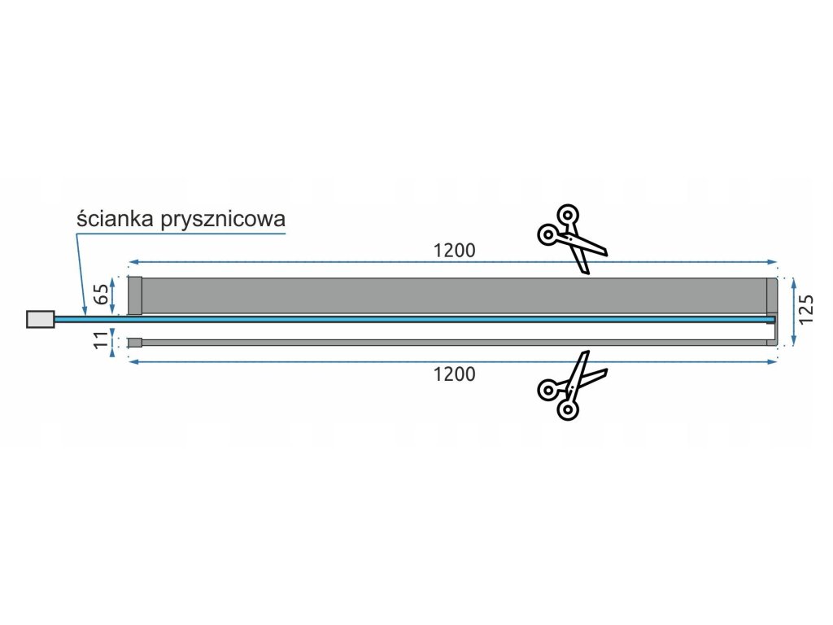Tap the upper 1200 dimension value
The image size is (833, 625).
tap(454, 251)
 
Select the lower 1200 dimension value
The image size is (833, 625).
tap(454, 375)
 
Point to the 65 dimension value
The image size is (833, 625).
tap(102, 295)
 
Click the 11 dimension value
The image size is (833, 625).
tap(102, 341)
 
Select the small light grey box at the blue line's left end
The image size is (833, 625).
tap(41, 319)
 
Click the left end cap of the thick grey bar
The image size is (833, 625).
tap(135, 295)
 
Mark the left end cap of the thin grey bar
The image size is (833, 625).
tap(135, 343)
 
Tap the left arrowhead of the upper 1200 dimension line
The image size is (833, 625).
tap(133, 262)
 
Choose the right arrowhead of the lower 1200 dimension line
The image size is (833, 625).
tap(774, 361)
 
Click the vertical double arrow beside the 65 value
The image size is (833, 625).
tap(115, 295)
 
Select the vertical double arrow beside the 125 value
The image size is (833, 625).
tap(792, 311)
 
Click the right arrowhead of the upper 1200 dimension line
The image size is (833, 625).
tap(774, 262)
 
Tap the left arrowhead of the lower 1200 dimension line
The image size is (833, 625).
tap(133, 361)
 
